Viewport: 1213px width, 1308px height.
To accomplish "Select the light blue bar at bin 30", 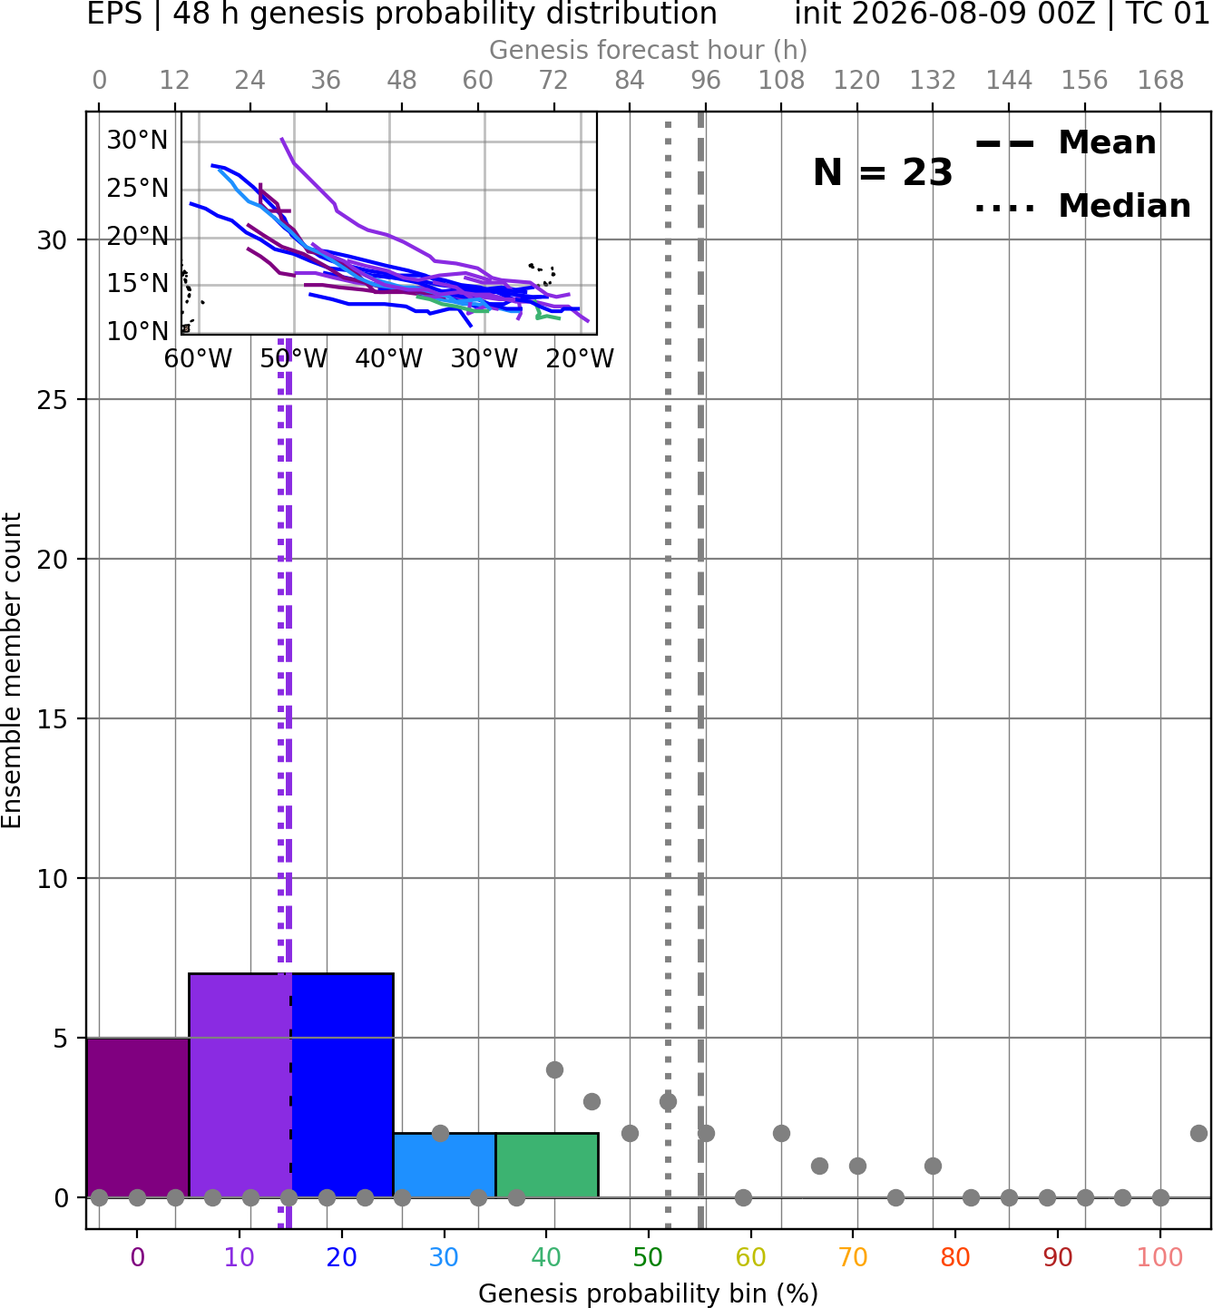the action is click(x=445, y=1165).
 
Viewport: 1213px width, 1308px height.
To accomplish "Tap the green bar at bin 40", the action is click(x=547, y=1165).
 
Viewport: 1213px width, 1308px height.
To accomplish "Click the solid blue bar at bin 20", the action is click(x=343, y=1085).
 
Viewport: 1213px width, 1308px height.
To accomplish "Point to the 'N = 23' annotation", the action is click(x=882, y=172).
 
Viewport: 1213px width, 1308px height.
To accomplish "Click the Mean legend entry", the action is click(x=1065, y=143).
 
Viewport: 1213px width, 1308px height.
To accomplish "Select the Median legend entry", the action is click(x=1082, y=206).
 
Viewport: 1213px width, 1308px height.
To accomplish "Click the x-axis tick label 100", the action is click(x=1159, y=1257).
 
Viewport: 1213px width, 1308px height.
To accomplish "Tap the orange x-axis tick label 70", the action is click(x=853, y=1257).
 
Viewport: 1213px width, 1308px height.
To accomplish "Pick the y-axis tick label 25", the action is click(x=53, y=400).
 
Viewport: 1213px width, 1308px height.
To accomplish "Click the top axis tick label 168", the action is click(x=1160, y=81).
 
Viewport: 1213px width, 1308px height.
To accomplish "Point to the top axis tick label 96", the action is click(x=706, y=81).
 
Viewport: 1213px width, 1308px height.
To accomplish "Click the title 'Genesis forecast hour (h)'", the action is click(x=649, y=50).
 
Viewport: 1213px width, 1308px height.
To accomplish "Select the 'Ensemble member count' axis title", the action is click(x=12, y=670).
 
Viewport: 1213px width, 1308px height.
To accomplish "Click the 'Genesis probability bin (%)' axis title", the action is click(x=649, y=1293).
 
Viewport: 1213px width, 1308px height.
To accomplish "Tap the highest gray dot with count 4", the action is click(x=554, y=1069).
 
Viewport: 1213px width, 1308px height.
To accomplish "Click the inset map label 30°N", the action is click(x=138, y=141).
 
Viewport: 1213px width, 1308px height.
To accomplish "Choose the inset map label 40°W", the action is click(x=388, y=359).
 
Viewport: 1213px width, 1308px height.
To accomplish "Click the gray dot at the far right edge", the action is click(x=1198, y=1134).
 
